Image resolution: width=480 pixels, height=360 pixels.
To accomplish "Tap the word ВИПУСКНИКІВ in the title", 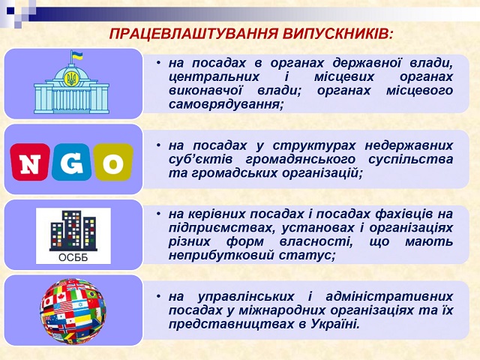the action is click(x=337, y=34).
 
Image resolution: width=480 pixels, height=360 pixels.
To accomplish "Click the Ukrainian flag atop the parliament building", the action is click(x=76, y=56).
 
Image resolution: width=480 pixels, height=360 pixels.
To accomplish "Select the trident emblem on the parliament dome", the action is click(x=71, y=79).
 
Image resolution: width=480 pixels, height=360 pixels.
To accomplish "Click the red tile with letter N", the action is click(x=30, y=162).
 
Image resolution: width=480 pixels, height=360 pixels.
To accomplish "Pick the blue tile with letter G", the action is click(x=71, y=162).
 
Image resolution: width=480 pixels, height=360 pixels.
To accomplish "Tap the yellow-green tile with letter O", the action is click(x=113, y=162).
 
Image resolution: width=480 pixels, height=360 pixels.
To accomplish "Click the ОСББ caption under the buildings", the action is click(x=73, y=257).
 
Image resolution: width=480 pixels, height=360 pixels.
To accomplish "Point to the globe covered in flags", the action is click(x=73, y=310).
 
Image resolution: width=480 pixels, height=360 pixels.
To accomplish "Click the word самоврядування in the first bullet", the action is click(x=226, y=105).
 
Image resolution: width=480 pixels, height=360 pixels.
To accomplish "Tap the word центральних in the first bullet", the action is click(x=214, y=76).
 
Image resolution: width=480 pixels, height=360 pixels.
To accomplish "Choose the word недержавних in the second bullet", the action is click(x=409, y=145).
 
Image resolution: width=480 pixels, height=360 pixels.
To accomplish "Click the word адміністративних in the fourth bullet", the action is click(x=389, y=296).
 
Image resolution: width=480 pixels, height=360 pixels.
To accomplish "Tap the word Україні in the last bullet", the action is click(x=335, y=324).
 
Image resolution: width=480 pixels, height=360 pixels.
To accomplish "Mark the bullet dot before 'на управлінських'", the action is click(x=158, y=296).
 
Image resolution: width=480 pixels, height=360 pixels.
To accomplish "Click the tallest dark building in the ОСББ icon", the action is click(x=72, y=229).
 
